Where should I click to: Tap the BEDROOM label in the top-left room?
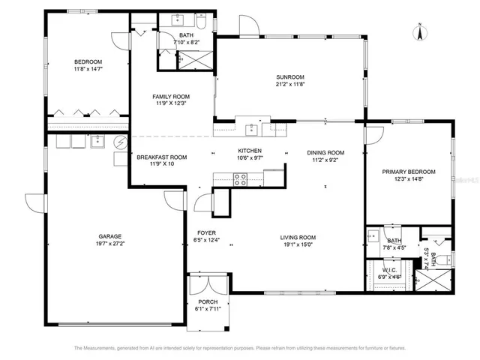tap(88, 61)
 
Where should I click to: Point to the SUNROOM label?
tap(289, 77)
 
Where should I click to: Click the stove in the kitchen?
tap(241, 178)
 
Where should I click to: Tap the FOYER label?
tap(207, 232)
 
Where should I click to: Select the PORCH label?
tap(208, 301)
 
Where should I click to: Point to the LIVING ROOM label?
tap(299, 236)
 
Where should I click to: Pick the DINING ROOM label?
tap(325, 152)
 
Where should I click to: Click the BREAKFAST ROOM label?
tap(161, 157)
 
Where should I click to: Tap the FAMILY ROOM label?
tap(171, 97)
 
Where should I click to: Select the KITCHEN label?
tap(249, 151)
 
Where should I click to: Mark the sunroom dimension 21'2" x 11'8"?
tap(289, 85)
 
